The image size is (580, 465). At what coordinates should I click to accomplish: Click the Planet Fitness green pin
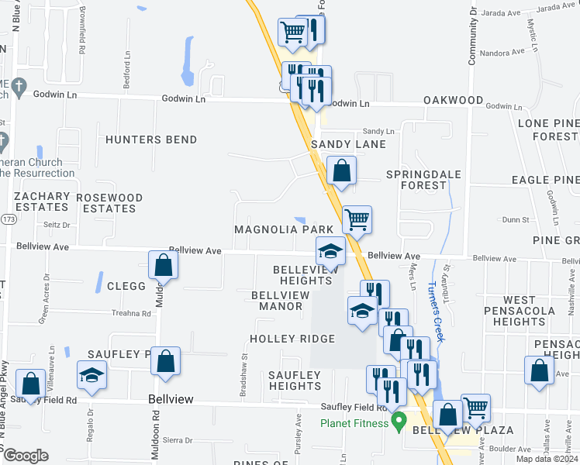coord(399,422)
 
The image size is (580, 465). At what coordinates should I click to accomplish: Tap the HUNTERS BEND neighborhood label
coord(151,139)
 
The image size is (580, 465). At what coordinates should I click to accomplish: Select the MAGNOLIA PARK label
coord(284,230)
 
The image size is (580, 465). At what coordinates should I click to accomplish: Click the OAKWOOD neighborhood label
coord(453,102)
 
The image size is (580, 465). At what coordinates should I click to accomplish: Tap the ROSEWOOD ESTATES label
coord(109,203)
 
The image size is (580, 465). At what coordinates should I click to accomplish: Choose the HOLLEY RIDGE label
coord(292,339)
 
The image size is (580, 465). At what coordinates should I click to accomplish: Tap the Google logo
coord(25,456)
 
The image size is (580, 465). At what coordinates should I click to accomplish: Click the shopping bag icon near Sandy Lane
coord(341,170)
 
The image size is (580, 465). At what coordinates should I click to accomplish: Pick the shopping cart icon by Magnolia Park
coord(357,219)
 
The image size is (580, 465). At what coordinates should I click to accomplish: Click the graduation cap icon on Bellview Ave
coord(330,251)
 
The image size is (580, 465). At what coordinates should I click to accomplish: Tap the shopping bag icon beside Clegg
coord(164,265)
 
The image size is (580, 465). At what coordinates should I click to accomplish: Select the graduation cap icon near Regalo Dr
coord(92,375)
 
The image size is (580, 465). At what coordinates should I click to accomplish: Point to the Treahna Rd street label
coord(130,313)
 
